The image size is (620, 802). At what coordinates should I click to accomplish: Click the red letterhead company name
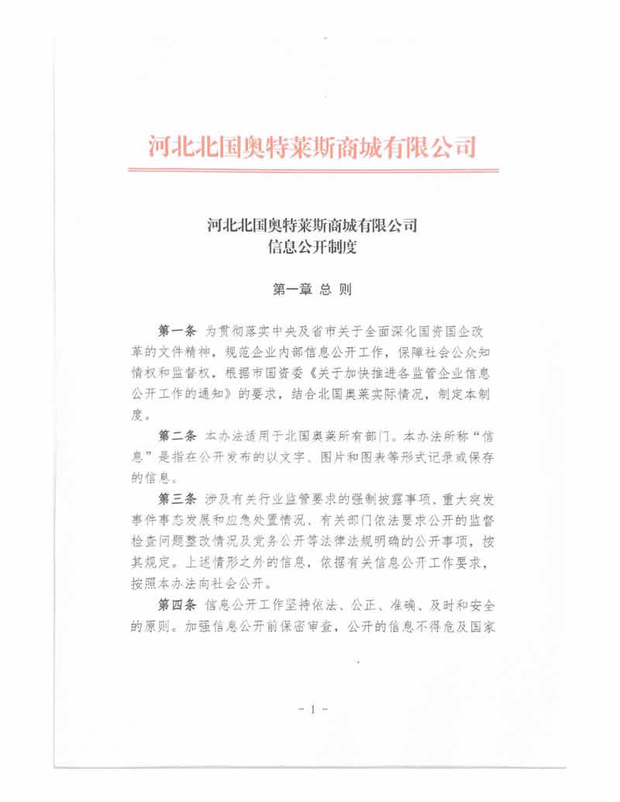[x=311, y=145]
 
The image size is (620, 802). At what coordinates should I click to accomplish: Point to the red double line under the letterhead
[x=311, y=170]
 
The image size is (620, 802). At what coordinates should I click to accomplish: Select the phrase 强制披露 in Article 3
[x=357, y=497]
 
